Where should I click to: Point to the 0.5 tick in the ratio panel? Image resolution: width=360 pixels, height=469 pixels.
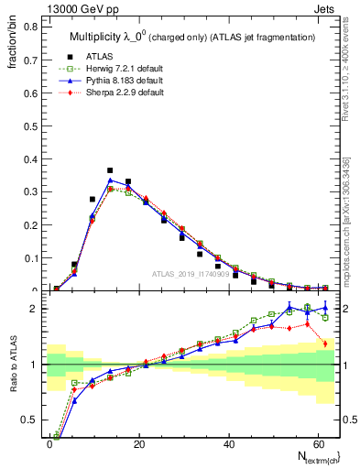(x=30, y=420)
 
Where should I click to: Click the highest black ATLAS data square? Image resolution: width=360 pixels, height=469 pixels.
(x=110, y=170)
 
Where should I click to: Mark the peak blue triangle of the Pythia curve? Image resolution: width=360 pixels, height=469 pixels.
(x=110, y=180)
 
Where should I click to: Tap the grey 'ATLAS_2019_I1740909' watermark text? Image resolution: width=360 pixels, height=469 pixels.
(x=190, y=274)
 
